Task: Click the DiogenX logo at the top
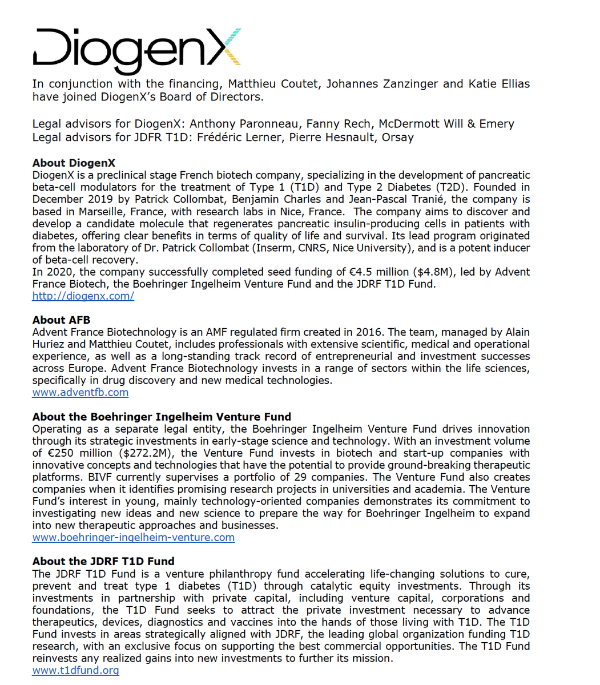[137, 49]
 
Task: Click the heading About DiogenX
[74, 163]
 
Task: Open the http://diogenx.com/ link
[83, 296]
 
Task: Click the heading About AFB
[61, 320]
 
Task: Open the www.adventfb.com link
[80, 392]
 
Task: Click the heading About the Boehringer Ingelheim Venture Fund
[162, 416]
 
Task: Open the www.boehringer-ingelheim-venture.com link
[134, 537]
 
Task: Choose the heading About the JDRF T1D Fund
[103, 561]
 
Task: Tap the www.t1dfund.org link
[76, 670]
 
